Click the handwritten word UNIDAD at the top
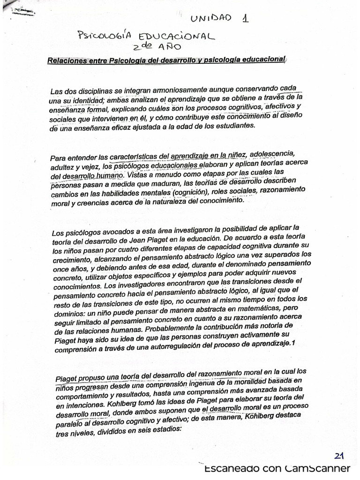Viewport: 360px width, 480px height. coord(210,18)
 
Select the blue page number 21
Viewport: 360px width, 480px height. coord(340,456)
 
